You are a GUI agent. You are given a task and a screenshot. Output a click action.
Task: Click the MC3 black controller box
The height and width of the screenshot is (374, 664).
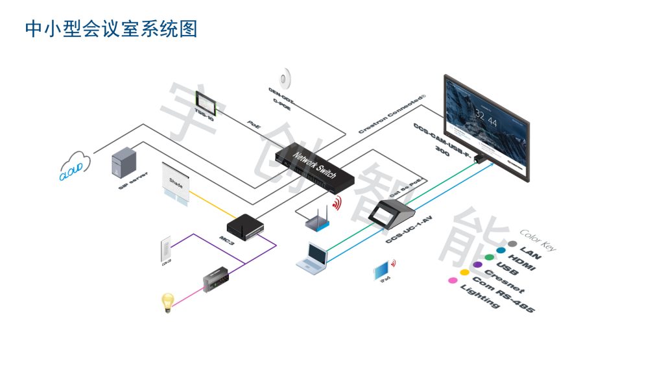(246, 226)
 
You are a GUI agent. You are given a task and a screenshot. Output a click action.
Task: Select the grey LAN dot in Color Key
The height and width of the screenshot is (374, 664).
(512, 245)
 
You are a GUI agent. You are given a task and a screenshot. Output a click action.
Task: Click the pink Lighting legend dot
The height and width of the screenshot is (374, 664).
(452, 281)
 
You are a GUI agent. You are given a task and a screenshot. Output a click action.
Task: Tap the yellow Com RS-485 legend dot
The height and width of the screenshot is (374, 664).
(464, 272)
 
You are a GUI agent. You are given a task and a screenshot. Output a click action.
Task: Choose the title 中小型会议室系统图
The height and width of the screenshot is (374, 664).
(111, 29)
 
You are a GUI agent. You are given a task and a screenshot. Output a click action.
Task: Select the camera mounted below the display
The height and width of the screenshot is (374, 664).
(481, 158)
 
